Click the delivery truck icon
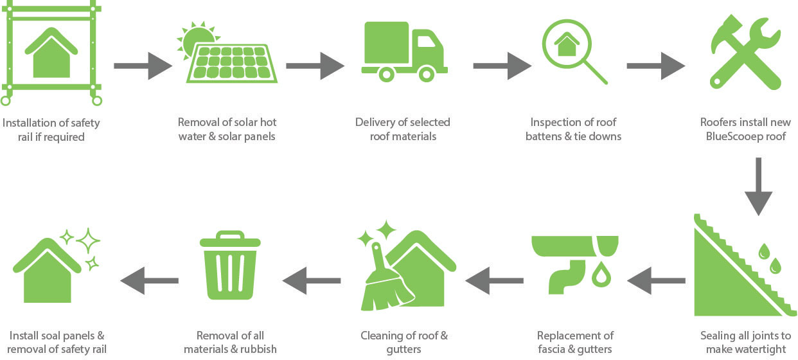click(404, 51)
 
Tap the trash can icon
click(230, 265)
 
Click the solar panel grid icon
click(232, 64)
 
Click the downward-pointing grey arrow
click(758, 186)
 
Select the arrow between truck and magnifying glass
click(502, 66)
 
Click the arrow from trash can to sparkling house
click(149, 280)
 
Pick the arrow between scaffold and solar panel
click(143, 66)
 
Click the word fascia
click(551, 349)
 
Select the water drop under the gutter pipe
click(601, 274)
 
